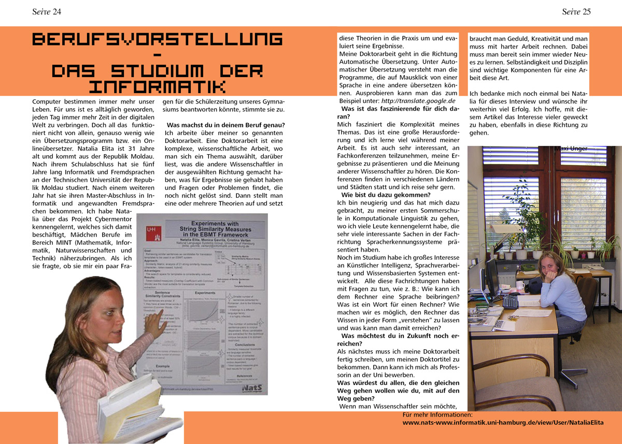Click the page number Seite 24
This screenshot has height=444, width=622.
point(47,12)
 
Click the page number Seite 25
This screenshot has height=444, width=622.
point(576,12)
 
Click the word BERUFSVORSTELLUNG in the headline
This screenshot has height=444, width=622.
point(157,39)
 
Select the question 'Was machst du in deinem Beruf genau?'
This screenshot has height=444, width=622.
point(226,125)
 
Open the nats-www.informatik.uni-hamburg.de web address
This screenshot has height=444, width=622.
point(503,422)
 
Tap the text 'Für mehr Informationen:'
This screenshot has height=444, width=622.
point(437,415)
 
